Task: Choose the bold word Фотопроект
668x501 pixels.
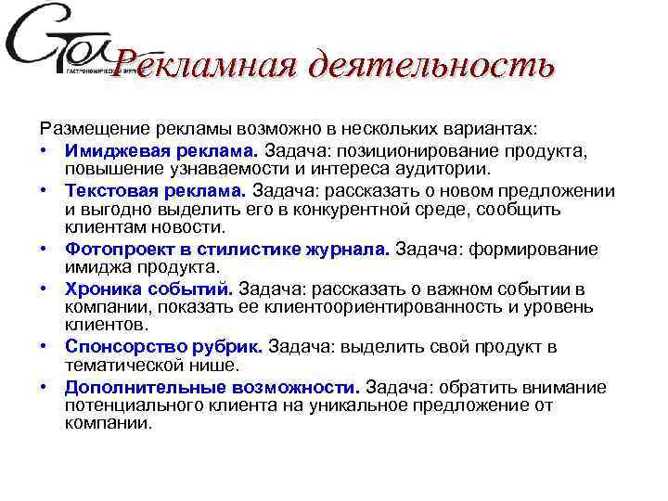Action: pos(112,250)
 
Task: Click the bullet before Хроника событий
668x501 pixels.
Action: pos(44,289)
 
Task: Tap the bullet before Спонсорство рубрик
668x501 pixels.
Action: pos(44,347)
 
